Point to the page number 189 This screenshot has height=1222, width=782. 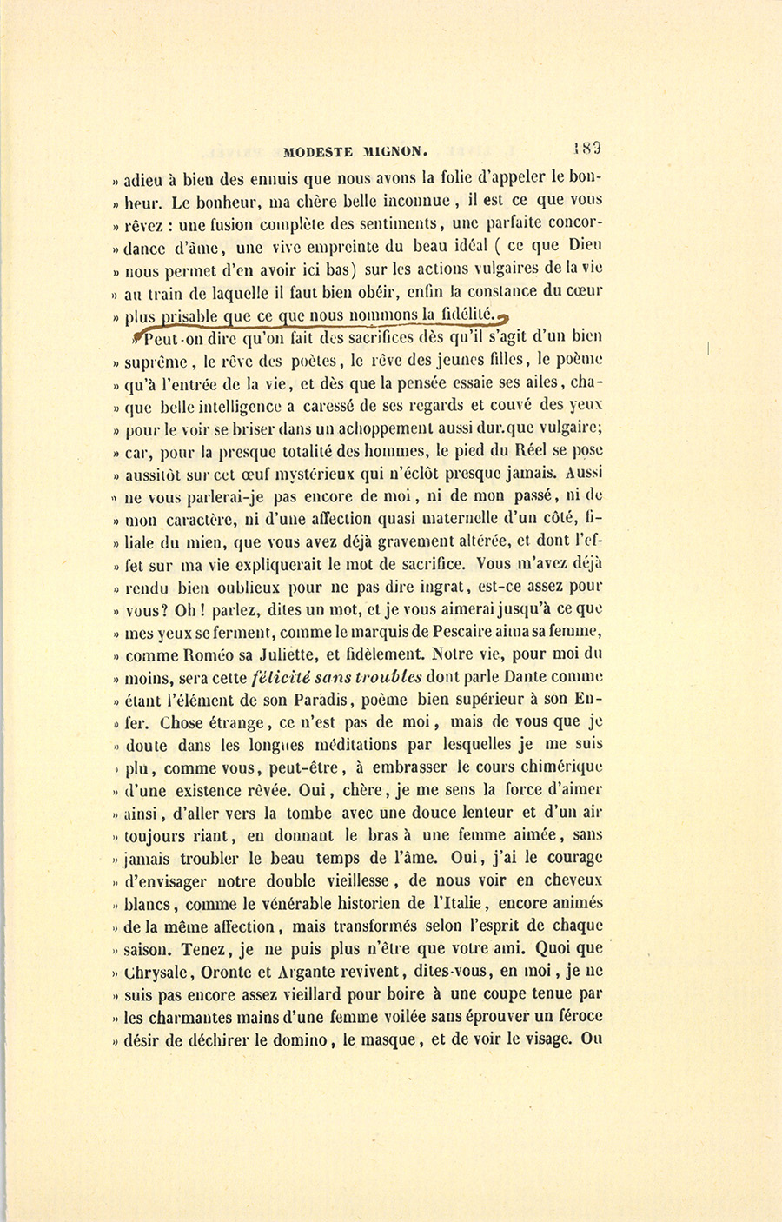588,147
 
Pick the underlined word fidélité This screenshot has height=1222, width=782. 466,313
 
